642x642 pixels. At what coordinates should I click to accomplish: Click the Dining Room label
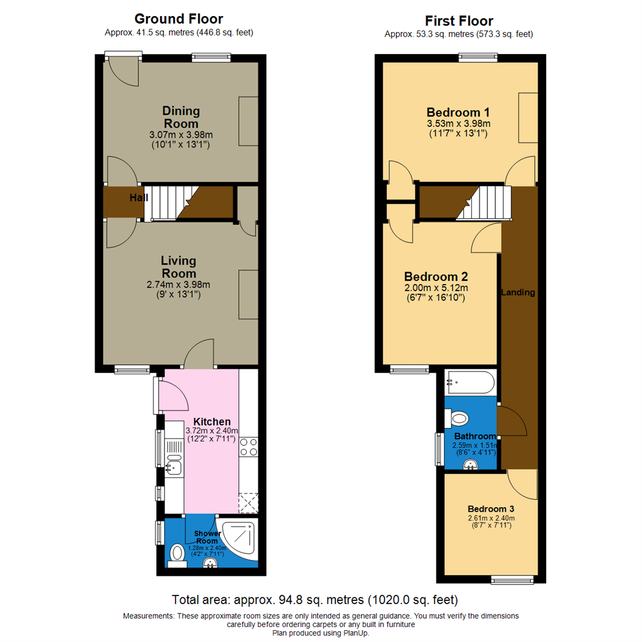[x=181, y=117]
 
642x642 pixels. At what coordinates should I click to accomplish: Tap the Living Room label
[x=179, y=267]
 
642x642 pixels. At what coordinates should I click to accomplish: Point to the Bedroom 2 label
[x=436, y=276]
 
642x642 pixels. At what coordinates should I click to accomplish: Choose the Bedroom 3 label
[x=490, y=509]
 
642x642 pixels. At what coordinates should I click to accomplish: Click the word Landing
[x=518, y=292]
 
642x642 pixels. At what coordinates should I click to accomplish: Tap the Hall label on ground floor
[x=138, y=197]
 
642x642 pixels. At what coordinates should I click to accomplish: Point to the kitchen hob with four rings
[x=248, y=447]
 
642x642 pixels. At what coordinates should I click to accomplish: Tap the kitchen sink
[x=174, y=466]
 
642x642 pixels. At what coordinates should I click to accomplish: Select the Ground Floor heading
[x=179, y=19]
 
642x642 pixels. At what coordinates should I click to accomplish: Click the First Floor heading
[x=460, y=21]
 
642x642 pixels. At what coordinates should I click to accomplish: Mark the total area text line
[x=315, y=599]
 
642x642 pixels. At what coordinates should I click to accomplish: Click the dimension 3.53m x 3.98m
[x=458, y=124]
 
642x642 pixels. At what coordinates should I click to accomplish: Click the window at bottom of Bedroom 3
[x=512, y=579]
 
